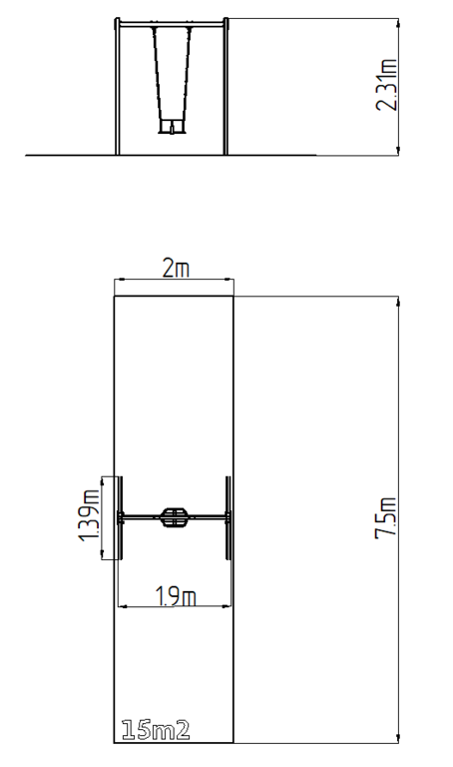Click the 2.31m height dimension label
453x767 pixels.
pyautogui.click(x=386, y=85)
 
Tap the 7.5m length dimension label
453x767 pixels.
pyautogui.click(x=386, y=518)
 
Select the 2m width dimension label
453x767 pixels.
pyautogui.click(x=176, y=269)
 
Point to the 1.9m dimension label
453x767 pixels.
pyautogui.click(x=177, y=596)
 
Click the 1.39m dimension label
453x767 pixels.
pyautogui.click(x=89, y=517)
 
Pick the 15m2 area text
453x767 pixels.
pyautogui.click(x=156, y=730)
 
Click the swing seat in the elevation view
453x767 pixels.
pyautogui.click(x=172, y=127)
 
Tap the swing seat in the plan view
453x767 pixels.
pyautogui.click(x=173, y=517)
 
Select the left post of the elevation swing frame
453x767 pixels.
pyautogui.click(x=118, y=86)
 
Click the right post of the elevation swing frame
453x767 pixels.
pyautogui.click(x=226, y=86)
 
